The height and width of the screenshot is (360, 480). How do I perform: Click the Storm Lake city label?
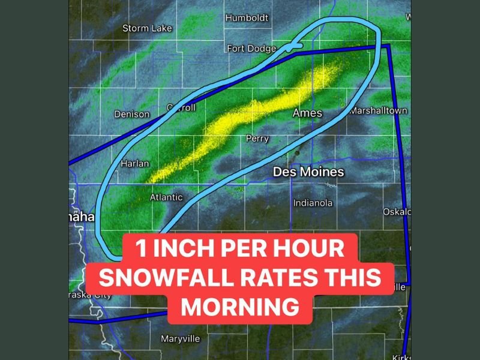pos(147,28)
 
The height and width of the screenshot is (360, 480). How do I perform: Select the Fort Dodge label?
pos(251,49)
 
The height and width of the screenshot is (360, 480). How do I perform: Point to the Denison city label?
pos(132,114)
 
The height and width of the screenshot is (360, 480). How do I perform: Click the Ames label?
pos(307,113)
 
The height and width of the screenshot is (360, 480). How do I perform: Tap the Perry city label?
pos(257,139)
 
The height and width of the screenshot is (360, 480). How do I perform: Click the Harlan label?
pos(135,163)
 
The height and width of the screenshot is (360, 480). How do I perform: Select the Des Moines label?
pos(308,172)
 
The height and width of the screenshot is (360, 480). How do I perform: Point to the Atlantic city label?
pos(166,197)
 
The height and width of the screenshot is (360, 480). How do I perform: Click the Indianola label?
pos(313,203)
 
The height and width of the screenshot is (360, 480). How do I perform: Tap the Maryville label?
pos(180,339)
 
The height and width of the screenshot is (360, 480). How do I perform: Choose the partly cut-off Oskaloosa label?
pos(397,212)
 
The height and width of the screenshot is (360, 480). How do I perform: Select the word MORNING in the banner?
pos(240,307)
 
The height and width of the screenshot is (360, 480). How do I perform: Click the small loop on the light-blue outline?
pos(293,46)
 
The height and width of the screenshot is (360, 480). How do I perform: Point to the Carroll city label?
pos(181,108)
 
